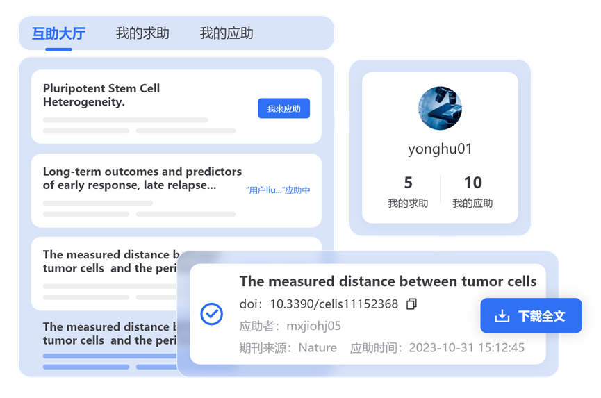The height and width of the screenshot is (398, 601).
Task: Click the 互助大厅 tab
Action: (x=58, y=33)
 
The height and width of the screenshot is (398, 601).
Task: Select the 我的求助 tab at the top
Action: (x=142, y=33)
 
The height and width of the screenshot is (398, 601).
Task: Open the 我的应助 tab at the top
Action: (x=227, y=33)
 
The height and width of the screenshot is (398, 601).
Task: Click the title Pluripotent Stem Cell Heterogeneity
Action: (x=101, y=95)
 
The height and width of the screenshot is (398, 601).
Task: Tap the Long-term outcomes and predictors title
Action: (x=142, y=178)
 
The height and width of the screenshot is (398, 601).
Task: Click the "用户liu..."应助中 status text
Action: (x=278, y=190)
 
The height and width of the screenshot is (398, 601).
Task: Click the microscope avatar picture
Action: (x=440, y=108)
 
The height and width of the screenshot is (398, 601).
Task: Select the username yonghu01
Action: (x=440, y=149)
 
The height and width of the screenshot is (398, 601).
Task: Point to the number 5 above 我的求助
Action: (x=408, y=183)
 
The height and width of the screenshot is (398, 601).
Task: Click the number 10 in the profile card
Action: (x=472, y=183)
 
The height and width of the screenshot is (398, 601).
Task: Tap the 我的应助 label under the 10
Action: (x=472, y=204)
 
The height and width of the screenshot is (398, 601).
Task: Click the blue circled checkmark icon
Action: (x=211, y=314)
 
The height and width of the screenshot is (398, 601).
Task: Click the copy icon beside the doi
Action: (x=411, y=304)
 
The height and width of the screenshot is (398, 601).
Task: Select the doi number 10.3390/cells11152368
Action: (x=334, y=304)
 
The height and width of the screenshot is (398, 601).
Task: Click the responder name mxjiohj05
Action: (x=313, y=326)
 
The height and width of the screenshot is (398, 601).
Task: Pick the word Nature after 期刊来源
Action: (x=318, y=347)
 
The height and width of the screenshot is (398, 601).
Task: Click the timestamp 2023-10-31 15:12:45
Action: (x=466, y=347)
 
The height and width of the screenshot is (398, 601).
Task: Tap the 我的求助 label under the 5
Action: (x=408, y=204)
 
